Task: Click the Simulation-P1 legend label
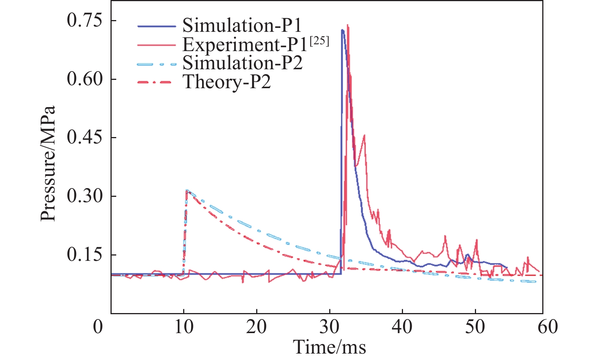(x=242, y=25)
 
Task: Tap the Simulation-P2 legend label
(x=242, y=63)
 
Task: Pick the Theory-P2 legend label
(x=227, y=82)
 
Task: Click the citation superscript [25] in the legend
(x=319, y=41)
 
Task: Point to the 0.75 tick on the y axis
(x=85, y=20)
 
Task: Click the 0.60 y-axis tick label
(x=85, y=79)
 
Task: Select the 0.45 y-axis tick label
(x=85, y=137)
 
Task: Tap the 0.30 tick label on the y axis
(x=85, y=196)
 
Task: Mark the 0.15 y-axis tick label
(x=85, y=255)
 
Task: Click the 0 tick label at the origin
(x=98, y=326)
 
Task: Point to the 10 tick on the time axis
(x=184, y=326)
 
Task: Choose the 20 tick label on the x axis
(x=257, y=326)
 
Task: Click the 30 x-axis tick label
(x=330, y=326)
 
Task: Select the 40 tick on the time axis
(x=402, y=326)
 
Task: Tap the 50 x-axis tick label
(x=475, y=326)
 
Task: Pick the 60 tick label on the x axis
(x=548, y=326)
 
